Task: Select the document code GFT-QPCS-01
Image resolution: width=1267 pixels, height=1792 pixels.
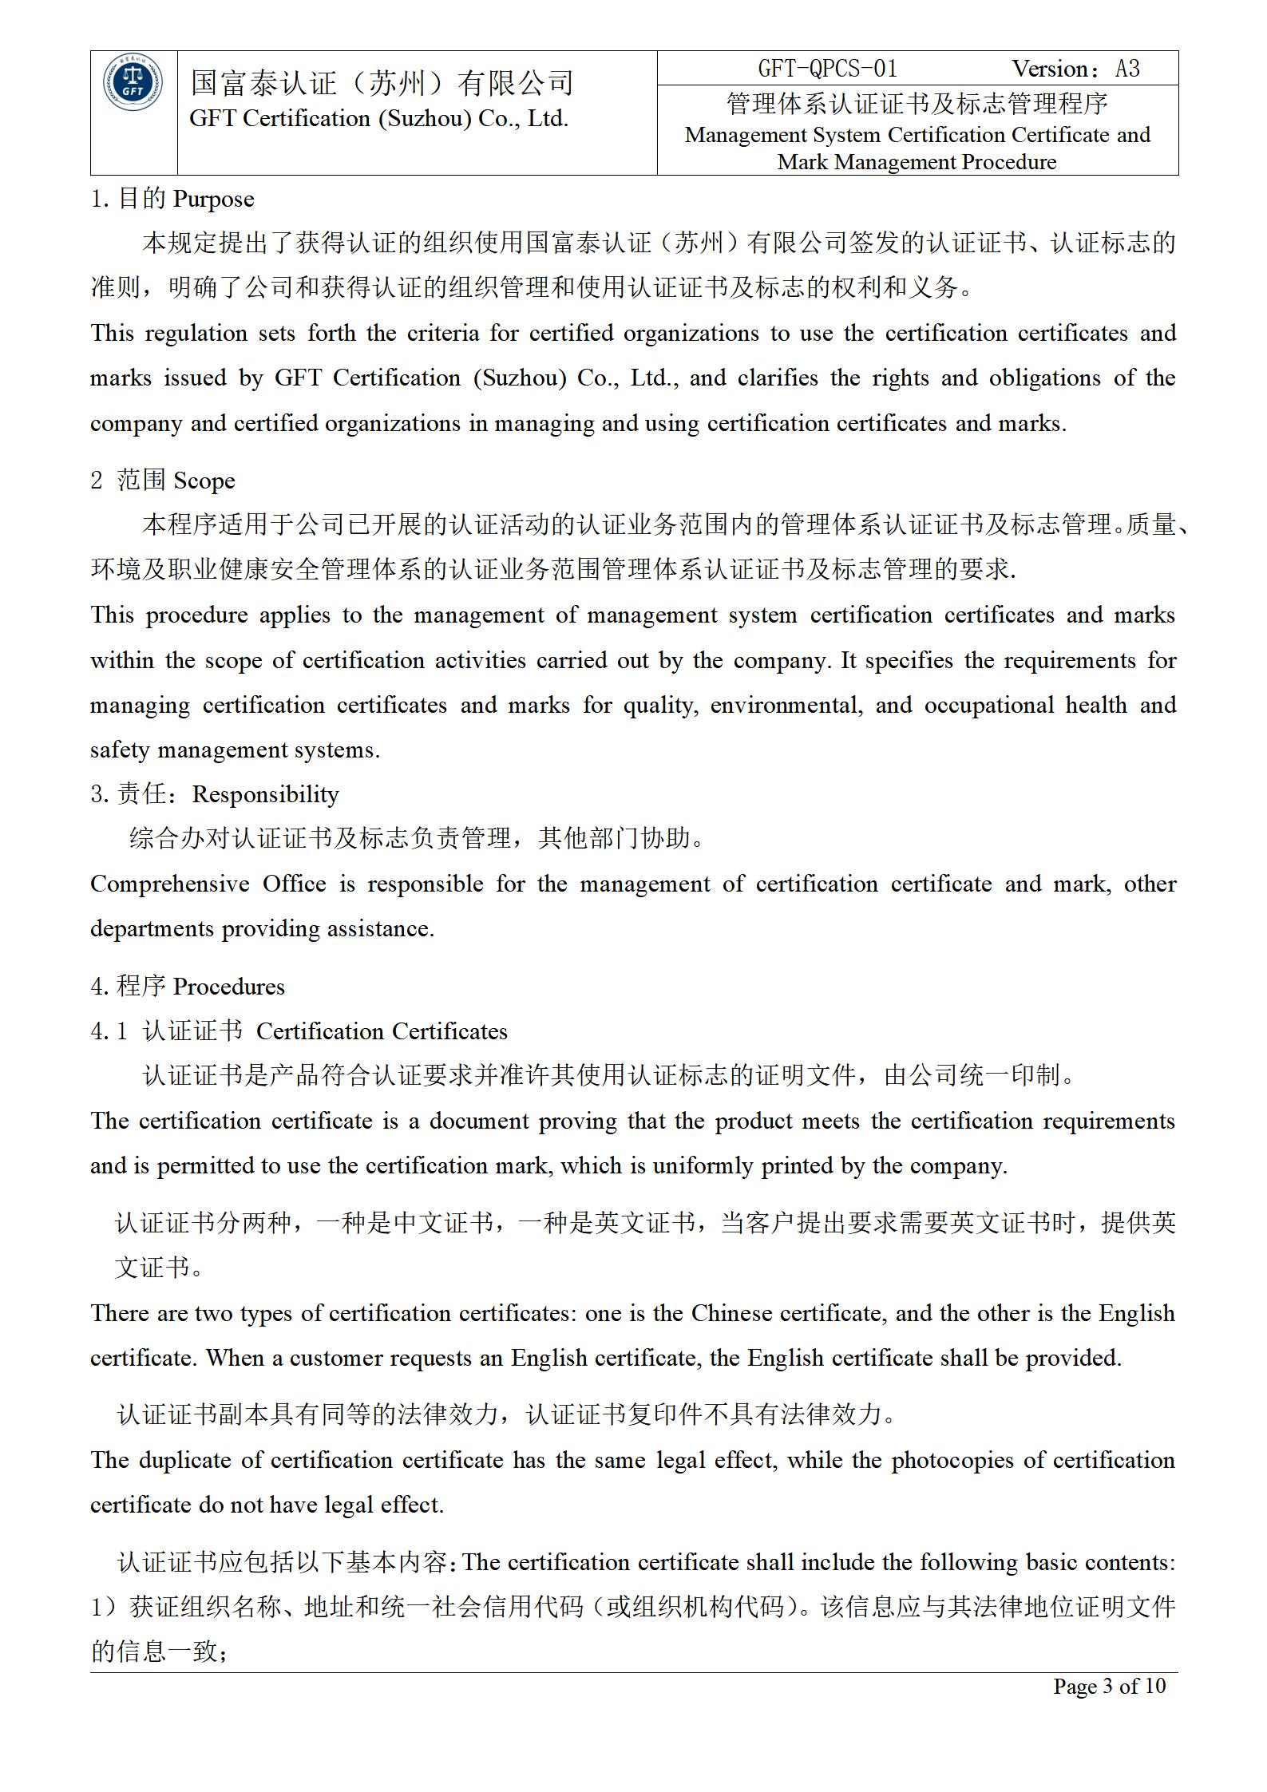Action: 827,69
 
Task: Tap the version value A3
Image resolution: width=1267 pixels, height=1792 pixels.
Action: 1127,69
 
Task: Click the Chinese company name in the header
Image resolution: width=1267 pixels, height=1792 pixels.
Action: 382,83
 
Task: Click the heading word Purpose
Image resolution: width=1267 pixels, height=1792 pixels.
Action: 213,199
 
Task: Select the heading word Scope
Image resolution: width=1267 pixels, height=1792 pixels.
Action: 204,481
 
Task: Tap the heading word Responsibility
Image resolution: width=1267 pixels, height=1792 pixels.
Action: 265,794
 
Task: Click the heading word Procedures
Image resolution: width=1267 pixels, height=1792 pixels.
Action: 228,987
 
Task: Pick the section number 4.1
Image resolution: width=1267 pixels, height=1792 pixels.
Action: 109,1031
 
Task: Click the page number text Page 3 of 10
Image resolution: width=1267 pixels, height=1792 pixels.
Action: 1109,1686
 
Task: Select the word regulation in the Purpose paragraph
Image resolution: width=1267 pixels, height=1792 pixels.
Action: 196,333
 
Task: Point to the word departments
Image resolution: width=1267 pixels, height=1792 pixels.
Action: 152,929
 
